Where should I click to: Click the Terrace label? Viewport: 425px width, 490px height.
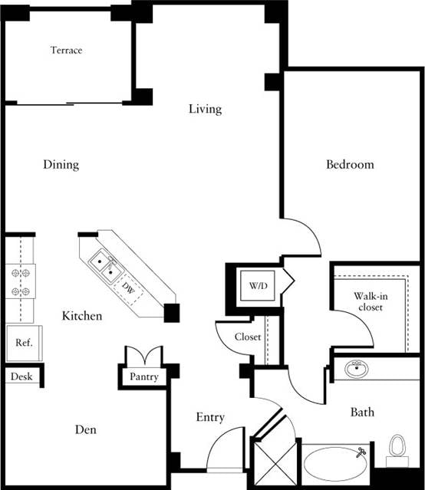coord(66,51)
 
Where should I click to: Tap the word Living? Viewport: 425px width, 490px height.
coord(205,109)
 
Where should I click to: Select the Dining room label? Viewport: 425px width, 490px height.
coord(61,165)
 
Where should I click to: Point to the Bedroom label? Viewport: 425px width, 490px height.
coord(350,164)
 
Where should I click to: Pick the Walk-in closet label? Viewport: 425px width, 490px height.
coord(368,301)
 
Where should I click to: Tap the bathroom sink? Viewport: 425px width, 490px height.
coord(356,370)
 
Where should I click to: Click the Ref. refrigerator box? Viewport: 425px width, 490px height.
coord(24,343)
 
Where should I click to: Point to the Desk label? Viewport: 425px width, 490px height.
coord(21,377)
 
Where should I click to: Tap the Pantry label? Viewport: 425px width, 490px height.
coord(144,377)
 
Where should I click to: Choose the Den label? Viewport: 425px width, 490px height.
coord(86,430)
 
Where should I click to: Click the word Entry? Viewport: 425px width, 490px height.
coord(210,417)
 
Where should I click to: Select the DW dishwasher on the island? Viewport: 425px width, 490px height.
coord(128,289)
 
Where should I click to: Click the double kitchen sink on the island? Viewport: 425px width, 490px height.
coord(105,266)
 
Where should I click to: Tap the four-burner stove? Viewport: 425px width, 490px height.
coord(20,281)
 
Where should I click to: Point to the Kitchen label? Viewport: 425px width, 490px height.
coord(82,315)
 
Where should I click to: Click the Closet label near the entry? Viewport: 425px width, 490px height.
coord(248,337)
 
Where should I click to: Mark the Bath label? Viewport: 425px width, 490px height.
coord(362,413)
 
